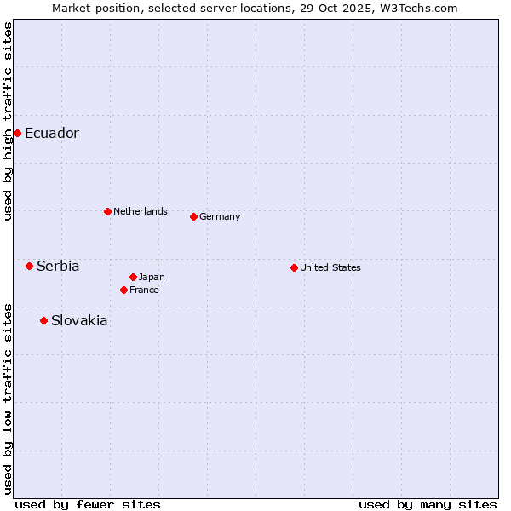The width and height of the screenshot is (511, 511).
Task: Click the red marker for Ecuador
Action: point(17,133)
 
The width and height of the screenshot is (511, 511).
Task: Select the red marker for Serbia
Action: point(29,266)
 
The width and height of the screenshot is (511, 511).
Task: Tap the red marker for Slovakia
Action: point(43,320)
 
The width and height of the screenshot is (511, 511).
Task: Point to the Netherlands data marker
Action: point(107,211)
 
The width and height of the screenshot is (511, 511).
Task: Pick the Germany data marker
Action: point(193,216)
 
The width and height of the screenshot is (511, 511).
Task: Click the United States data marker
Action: point(294,267)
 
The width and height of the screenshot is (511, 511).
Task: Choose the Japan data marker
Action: point(133,277)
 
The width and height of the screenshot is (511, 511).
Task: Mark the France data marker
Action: point(123,290)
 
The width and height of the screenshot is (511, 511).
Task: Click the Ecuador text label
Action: point(52,134)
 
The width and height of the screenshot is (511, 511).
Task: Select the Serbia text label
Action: point(58,267)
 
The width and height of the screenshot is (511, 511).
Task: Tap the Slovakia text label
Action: point(79,321)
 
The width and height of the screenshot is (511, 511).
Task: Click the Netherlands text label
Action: point(141,211)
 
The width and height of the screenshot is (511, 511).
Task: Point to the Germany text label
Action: point(220,216)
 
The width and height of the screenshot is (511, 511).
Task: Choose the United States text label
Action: point(330,267)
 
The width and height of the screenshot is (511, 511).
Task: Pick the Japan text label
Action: point(152,277)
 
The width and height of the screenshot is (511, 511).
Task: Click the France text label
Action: point(144,290)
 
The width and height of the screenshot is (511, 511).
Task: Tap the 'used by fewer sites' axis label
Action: point(88,504)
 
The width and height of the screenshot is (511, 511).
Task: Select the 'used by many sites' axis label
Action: point(428,504)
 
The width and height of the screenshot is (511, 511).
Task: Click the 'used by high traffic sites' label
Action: point(8,121)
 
